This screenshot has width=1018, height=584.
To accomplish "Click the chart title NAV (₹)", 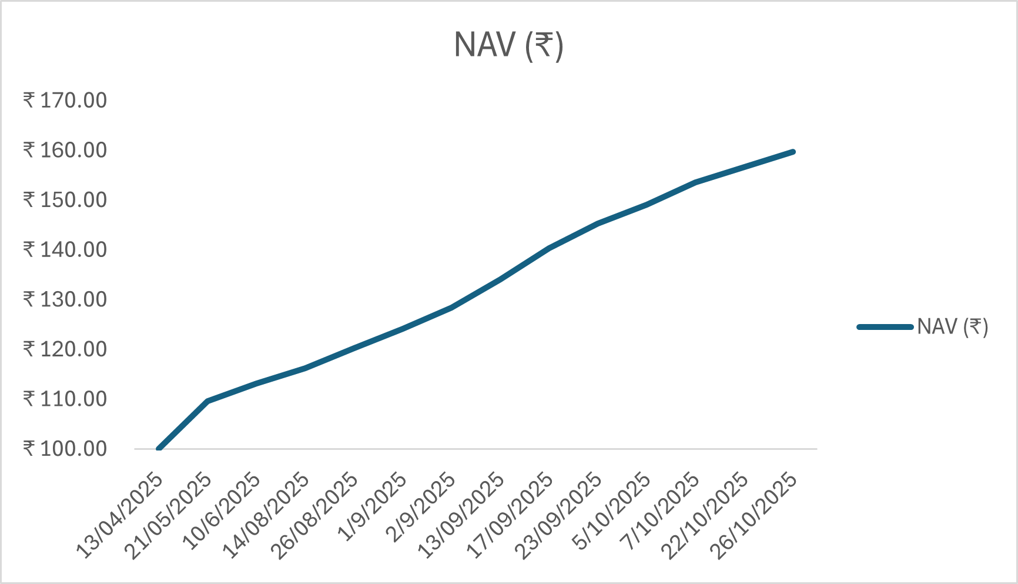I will pos(508,45).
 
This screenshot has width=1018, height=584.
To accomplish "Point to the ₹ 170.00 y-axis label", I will pos(65,100).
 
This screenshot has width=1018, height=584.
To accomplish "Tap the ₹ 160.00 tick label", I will pos(65,150).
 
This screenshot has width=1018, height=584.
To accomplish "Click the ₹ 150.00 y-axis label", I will pos(65,200).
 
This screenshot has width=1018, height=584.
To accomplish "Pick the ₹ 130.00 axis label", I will pos(65,299).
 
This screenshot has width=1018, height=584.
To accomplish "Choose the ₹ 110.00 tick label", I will pos(65,399).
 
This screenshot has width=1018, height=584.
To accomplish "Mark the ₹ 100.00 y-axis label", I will pos(65,449).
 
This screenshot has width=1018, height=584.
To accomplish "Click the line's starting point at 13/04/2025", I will pos(159,449).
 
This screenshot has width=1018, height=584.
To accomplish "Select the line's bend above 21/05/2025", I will pos(207,401).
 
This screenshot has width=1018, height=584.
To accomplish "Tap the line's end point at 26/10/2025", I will pos(793,152).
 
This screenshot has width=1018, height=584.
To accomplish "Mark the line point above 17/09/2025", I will pos(549,248).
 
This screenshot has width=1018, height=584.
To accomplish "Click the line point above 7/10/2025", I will pos(696,182).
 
